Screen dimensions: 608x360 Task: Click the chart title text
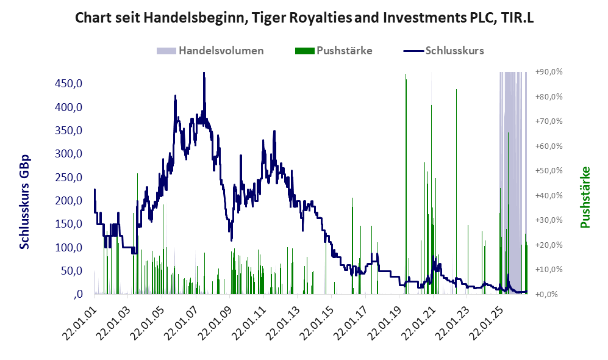pos(304,18)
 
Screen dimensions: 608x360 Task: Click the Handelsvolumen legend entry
pos(210,51)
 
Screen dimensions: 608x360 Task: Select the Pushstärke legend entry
pos(334,51)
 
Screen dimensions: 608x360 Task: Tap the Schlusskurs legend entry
pos(443,51)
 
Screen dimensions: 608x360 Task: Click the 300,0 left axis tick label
pos(69,154)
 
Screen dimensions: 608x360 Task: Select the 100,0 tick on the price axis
pos(69,247)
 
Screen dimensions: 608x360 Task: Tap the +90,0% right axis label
pos(549,72)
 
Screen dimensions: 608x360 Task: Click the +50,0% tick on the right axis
pos(549,171)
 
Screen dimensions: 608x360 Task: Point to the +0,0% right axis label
pos(547,295)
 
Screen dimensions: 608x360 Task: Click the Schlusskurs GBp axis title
pos(24,202)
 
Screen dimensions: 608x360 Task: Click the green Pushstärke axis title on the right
pos(585,198)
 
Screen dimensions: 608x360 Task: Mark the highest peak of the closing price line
pos(204,73)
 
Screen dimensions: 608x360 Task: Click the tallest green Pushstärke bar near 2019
pos(406,184)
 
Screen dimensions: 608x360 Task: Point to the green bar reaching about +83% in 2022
pos(456,192)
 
